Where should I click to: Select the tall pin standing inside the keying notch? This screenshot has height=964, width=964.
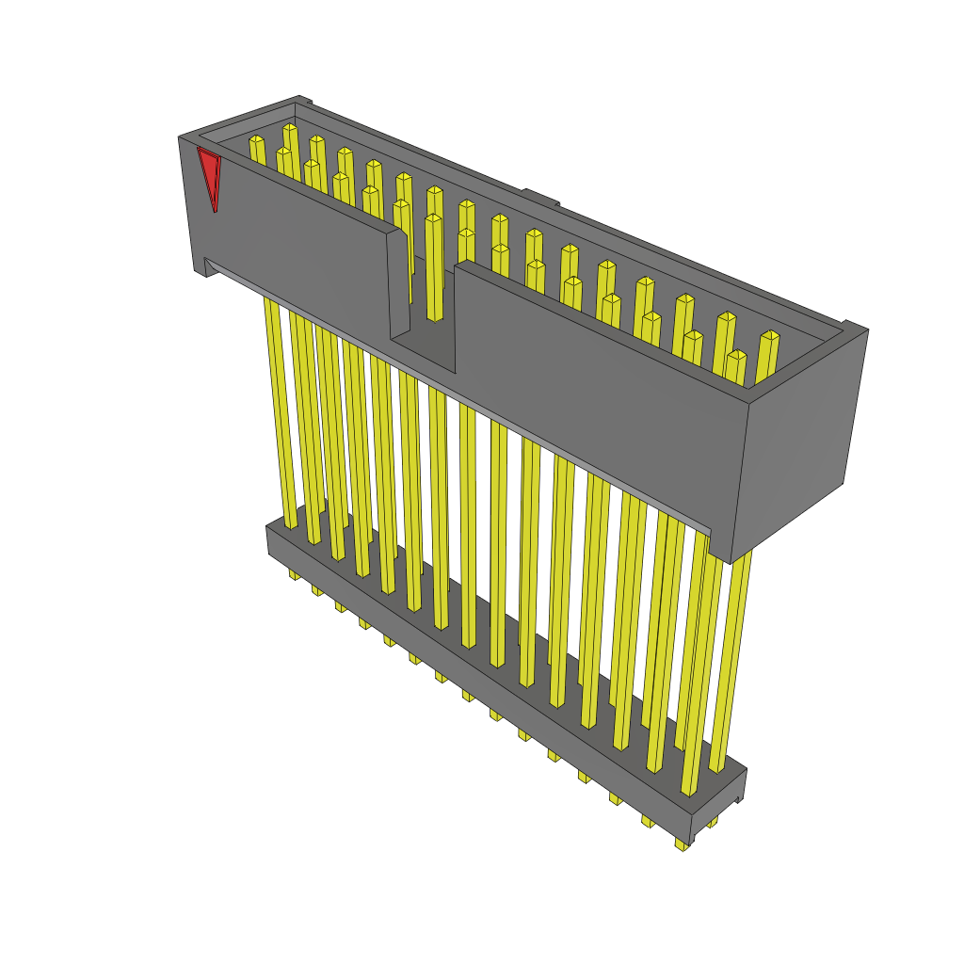pos(434,268)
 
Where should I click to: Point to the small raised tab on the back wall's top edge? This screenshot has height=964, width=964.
pos(541,197)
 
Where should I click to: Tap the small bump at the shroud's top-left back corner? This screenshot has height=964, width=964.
pos(302,99)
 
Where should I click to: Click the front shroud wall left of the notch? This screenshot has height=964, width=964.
pos(292,245)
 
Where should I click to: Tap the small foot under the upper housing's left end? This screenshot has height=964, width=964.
pos(200,267)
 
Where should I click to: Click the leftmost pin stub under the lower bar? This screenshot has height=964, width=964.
pos(293,573)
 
